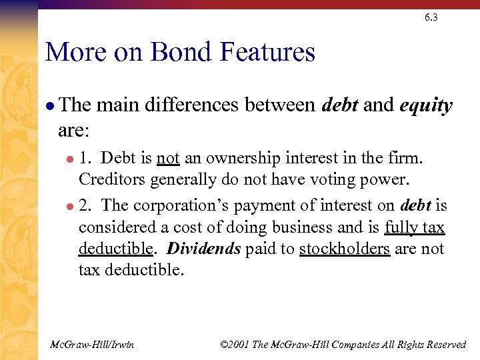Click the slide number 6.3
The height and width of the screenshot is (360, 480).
431,17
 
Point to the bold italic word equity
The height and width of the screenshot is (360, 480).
426,106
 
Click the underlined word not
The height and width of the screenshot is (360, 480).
168,159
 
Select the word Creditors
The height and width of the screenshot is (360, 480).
112,179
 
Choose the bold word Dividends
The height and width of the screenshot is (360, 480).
204,249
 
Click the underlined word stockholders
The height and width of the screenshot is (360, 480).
345,249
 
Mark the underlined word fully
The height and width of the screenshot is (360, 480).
402,228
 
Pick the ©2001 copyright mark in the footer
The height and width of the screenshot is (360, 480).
235,345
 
